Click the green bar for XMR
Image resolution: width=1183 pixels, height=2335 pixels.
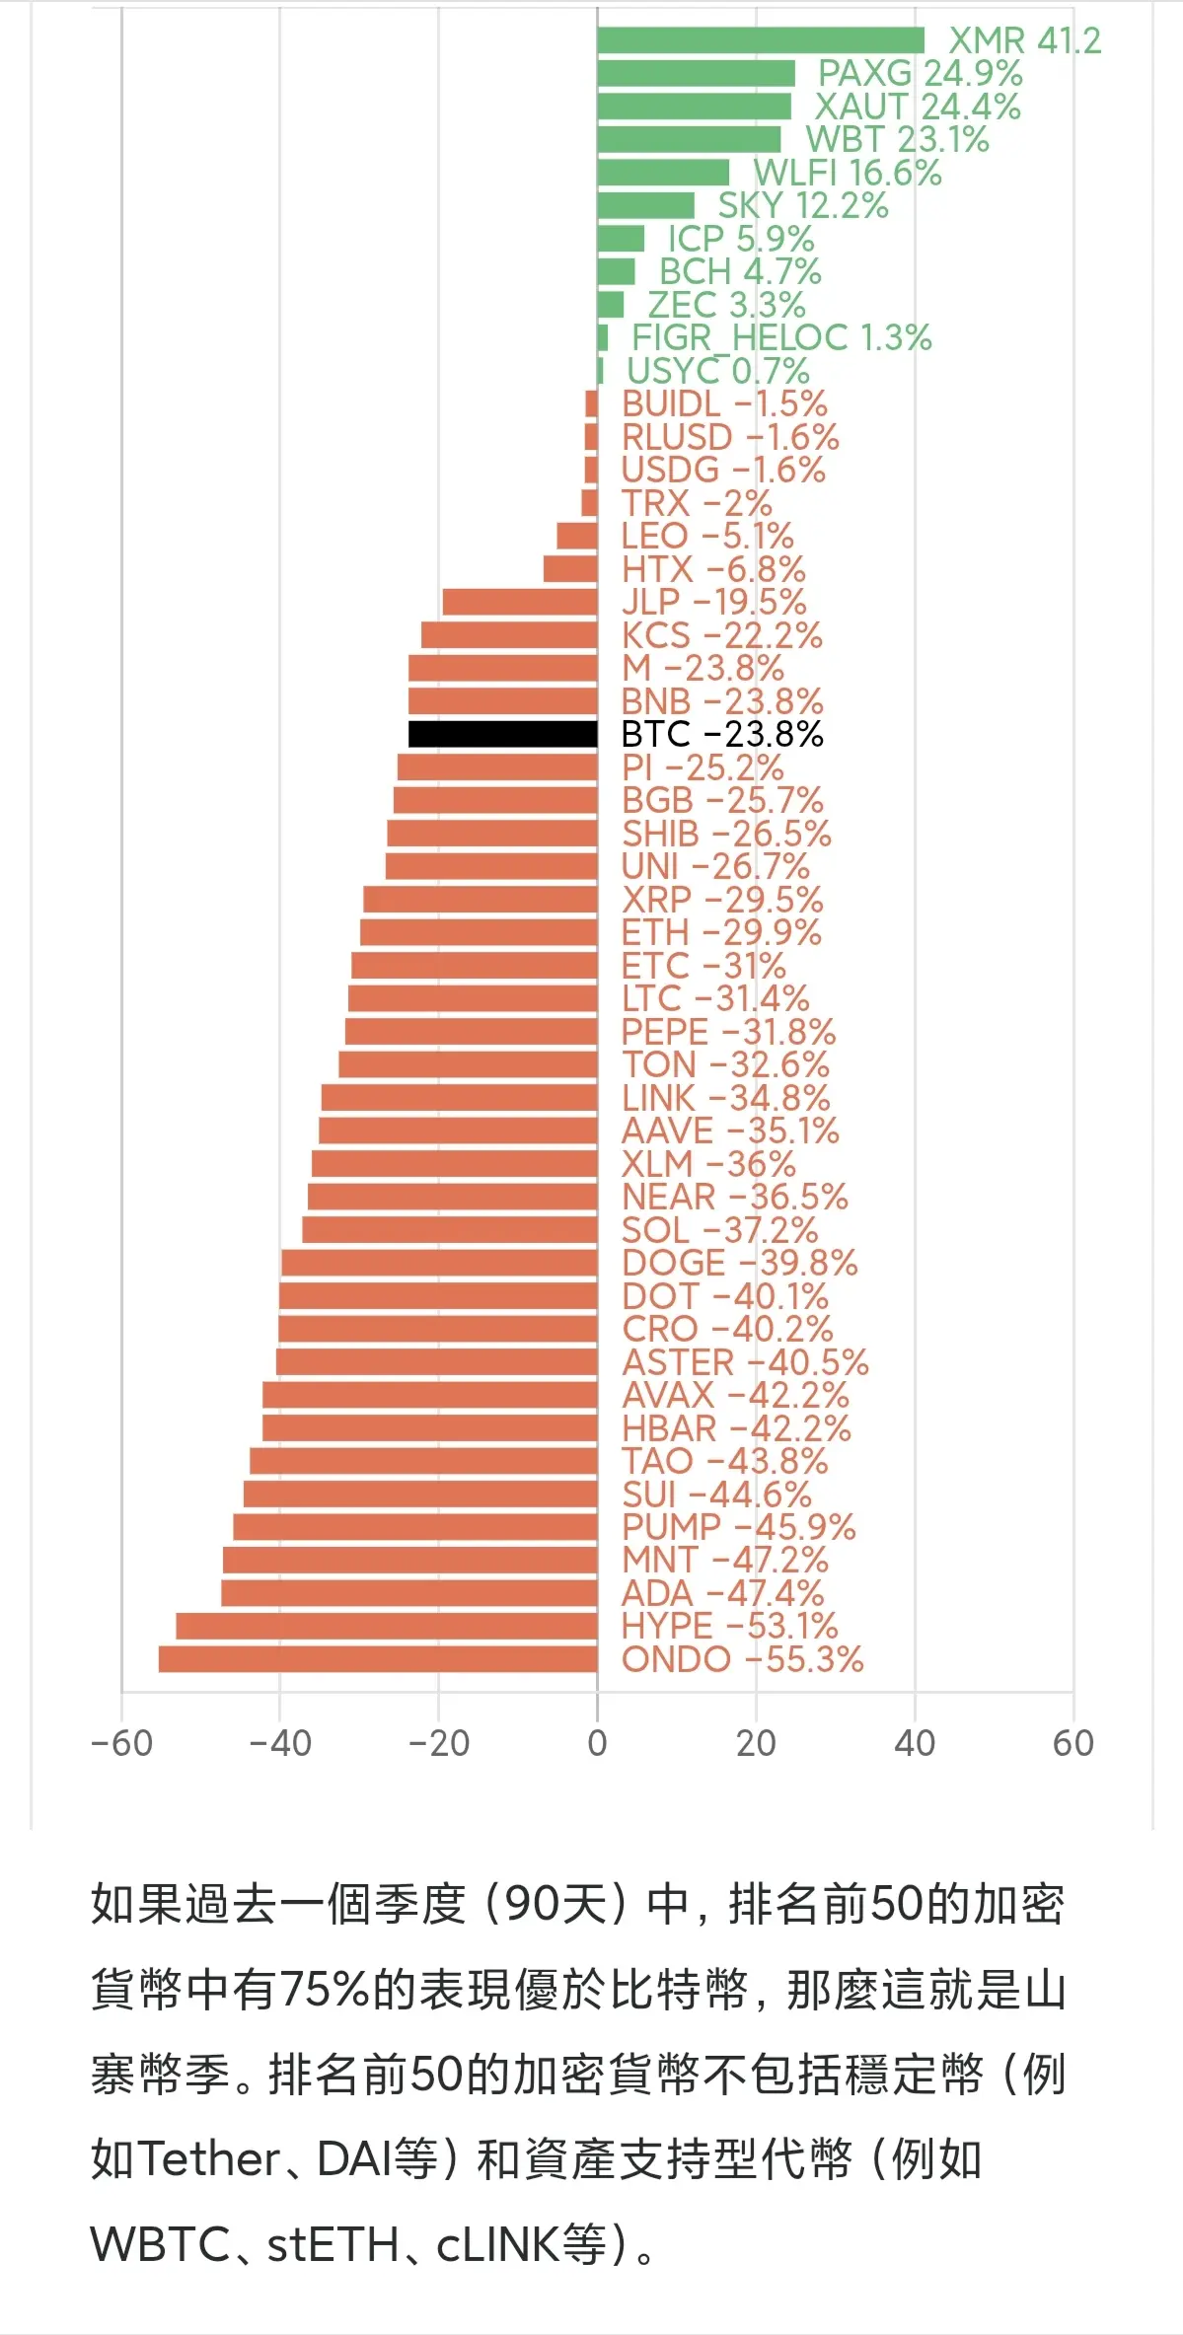760,40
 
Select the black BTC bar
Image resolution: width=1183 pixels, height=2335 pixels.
502,734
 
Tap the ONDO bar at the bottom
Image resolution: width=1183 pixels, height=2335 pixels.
378,1659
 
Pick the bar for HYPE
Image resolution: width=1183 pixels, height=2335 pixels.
387,1626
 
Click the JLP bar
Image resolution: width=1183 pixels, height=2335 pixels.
520,602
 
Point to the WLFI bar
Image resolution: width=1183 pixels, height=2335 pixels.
663,173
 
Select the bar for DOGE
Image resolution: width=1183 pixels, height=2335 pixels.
439,1263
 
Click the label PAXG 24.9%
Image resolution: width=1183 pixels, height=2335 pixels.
920,74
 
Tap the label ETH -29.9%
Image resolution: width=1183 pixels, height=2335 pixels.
721,932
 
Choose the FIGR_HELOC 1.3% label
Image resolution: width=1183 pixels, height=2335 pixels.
781,337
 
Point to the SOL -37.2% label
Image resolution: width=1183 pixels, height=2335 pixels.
719,1230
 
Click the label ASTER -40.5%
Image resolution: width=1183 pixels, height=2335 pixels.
745,1362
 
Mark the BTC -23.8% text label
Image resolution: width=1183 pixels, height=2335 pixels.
722,734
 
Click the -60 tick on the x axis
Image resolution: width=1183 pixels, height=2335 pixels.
121,1743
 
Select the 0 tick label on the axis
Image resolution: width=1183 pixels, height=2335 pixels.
597,1743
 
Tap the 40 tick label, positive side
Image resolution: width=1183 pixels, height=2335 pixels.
915,1743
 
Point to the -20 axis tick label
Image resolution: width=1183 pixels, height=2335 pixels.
439,1743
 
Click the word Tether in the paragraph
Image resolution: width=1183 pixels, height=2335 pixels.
209,2160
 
